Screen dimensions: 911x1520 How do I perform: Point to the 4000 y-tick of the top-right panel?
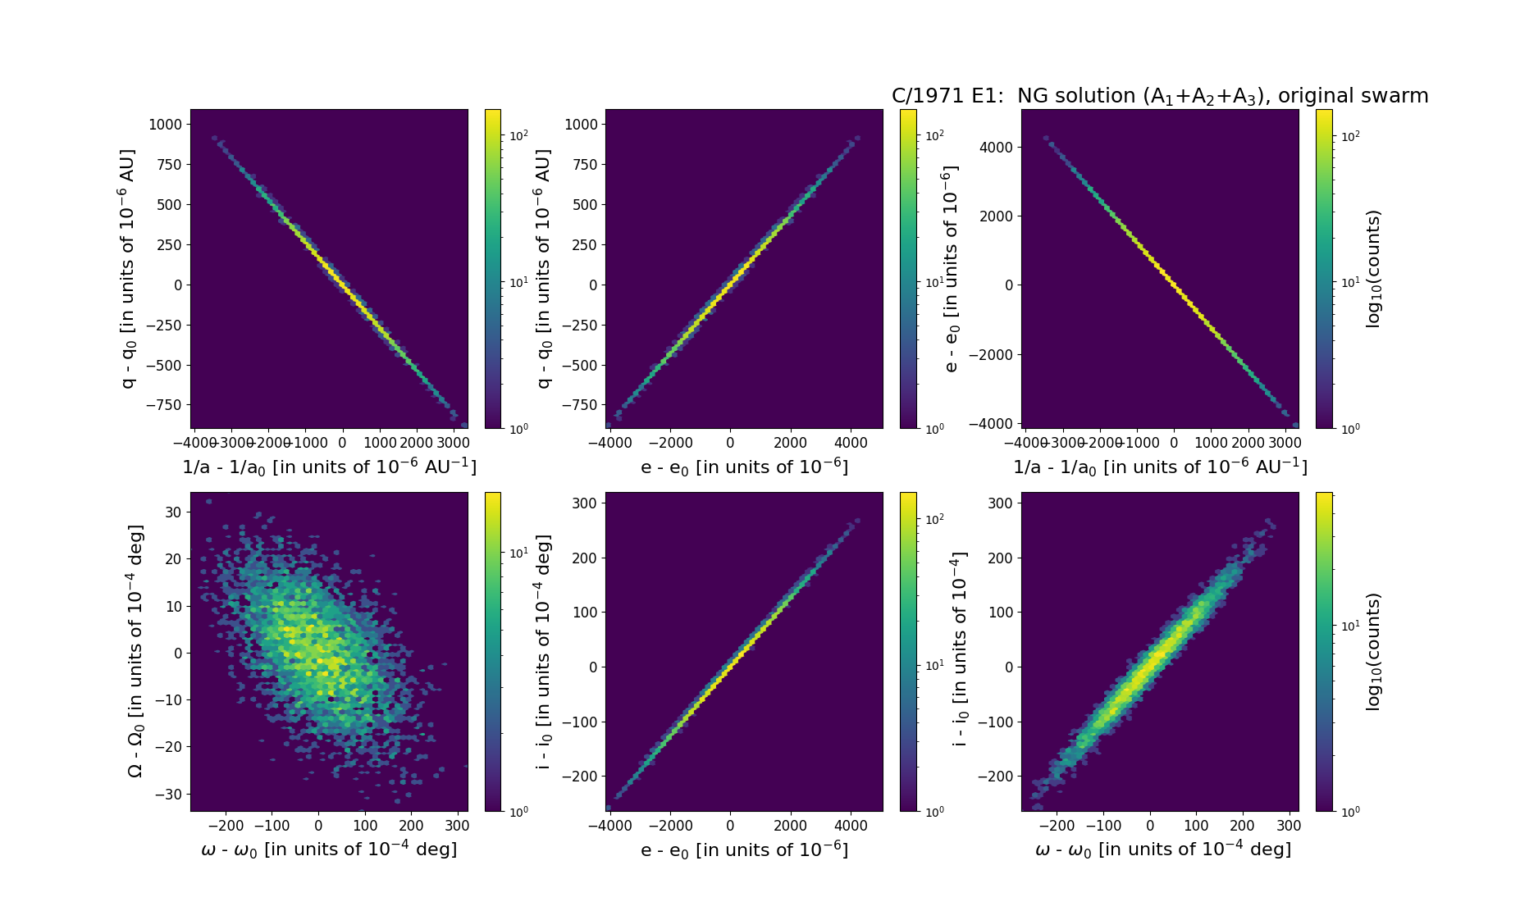[996, 148]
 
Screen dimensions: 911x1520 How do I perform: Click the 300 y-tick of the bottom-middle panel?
[584, 503]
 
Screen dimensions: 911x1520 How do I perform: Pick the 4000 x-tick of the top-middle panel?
[851, 443]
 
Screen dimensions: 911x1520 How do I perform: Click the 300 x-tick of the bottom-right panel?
[1289, 826]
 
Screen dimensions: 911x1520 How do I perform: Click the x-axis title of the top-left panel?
[329, 467]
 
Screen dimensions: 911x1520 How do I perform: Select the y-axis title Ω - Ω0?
[136, 652]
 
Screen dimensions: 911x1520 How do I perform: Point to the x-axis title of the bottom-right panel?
[1162, 850]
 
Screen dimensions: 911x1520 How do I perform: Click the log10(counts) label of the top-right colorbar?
[1373, 269]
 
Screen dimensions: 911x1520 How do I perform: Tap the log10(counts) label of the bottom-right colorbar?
[1373, 652]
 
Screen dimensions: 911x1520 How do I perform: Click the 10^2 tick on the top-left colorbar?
[518, 135]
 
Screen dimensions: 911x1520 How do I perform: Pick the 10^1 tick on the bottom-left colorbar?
[518, 553]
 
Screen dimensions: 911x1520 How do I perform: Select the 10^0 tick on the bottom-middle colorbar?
[933, 811]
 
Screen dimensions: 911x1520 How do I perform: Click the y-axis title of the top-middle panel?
[541, 269]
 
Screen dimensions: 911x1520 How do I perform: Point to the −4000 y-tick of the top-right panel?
[991, 424]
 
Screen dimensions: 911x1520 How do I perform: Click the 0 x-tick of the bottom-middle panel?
[730, 826]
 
